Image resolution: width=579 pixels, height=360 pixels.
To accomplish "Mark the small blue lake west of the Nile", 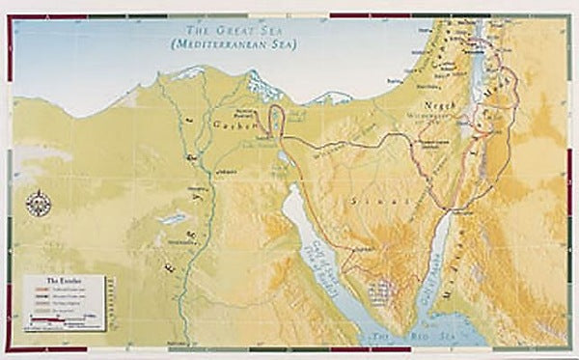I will coord(175,218).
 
